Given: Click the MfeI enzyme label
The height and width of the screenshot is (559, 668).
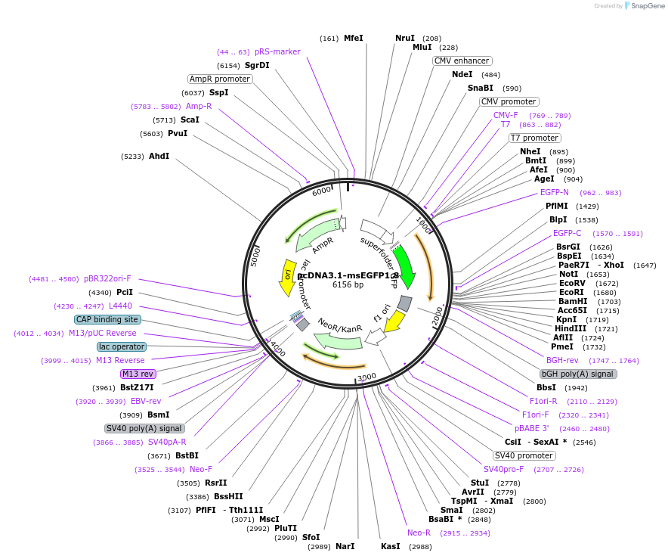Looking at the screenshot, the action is [354, 38].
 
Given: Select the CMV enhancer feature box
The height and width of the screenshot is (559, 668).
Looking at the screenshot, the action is [462, 61].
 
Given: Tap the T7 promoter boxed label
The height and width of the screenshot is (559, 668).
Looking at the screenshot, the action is [534, 138].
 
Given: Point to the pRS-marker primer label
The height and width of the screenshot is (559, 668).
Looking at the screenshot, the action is [277, 51].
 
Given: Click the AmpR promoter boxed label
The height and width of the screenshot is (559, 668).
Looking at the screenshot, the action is [219, 79].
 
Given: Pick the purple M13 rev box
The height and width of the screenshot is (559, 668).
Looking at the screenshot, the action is [138, 374].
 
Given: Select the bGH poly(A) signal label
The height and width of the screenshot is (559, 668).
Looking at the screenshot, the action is [578, 374].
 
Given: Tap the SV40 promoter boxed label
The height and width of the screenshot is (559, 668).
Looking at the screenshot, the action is [524, 455].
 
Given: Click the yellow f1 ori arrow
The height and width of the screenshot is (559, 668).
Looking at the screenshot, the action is [393, 322].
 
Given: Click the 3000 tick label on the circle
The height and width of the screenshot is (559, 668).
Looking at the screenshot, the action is [366, 377].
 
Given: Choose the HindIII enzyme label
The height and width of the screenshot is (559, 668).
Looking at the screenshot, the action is [571, 329].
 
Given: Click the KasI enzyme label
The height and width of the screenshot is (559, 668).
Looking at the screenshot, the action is [390, 546].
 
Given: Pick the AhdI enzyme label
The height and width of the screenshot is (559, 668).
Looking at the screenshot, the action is [159, 156].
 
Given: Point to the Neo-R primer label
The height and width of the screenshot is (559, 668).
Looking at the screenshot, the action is [419, 533].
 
